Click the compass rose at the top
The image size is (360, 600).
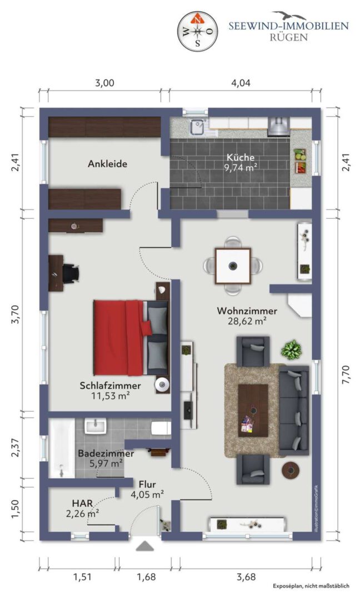pyautogui.click(x=198, y=31)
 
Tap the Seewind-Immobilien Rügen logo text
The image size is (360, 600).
pyautogui.click(x=288, y=31)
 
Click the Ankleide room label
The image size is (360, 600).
pyautogui.click(x=108, y=164)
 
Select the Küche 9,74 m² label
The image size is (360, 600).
pyautogui.click(x=241, y=162)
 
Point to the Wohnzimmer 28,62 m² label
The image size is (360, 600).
pyautogui.click(x=247, y=316)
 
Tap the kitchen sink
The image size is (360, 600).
pyautogui.click(x=198, y=127)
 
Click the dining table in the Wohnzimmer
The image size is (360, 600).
pyautogui.click(x=233, y=266)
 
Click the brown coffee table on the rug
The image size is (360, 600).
pyautogui.click(x=253, y=410)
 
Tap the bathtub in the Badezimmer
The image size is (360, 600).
pyautogui.click(x=62, y=448)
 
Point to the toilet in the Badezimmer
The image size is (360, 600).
pyautogui.click(x=161, y=428)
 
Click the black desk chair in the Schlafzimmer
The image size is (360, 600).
pyautogui.click(x=71, y=273)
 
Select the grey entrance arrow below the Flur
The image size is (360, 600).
pyautogui.click(x=144, y=546)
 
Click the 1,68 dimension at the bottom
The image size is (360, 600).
pyautogui.click(x=146, y=576)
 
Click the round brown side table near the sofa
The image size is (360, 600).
pyautogui.click(x=291, y=471)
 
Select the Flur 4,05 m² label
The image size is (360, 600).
pyautogui.click(x=147, y=489)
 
